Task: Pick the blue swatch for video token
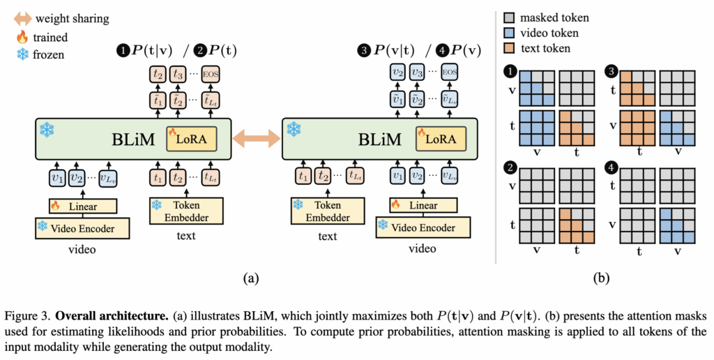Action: [510, 32]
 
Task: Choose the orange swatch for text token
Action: [510, 48]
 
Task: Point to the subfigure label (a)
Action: [250, 278]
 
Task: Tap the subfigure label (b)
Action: [601, 278]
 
